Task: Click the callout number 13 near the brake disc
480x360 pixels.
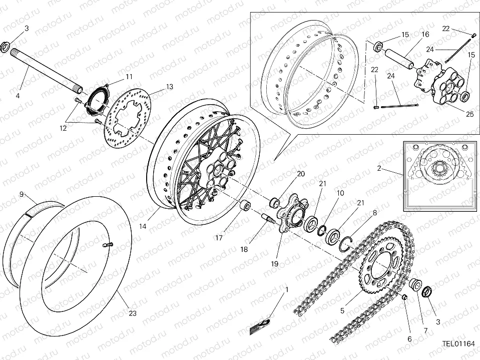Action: click(x=170, y=87)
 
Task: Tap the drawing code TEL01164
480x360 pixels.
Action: click(x=458, y=344)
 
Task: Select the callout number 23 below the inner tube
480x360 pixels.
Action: click(x=132, y=313)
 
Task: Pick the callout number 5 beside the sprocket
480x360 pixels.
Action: click(x=342, y=310)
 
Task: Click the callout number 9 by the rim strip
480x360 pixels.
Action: click(x=22, y=194)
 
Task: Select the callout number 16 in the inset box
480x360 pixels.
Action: click(x=425, y=35)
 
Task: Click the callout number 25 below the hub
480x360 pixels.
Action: click(x=469, y=114)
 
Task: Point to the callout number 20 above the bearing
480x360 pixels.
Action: click(x=300, y=174)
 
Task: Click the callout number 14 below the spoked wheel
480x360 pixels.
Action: click(x=143, y=226)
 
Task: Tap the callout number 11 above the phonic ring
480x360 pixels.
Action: click(x=129, y=77)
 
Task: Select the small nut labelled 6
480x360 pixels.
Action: click(x=405, y=298)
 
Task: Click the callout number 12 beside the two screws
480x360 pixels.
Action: click(x=63, y=128)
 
